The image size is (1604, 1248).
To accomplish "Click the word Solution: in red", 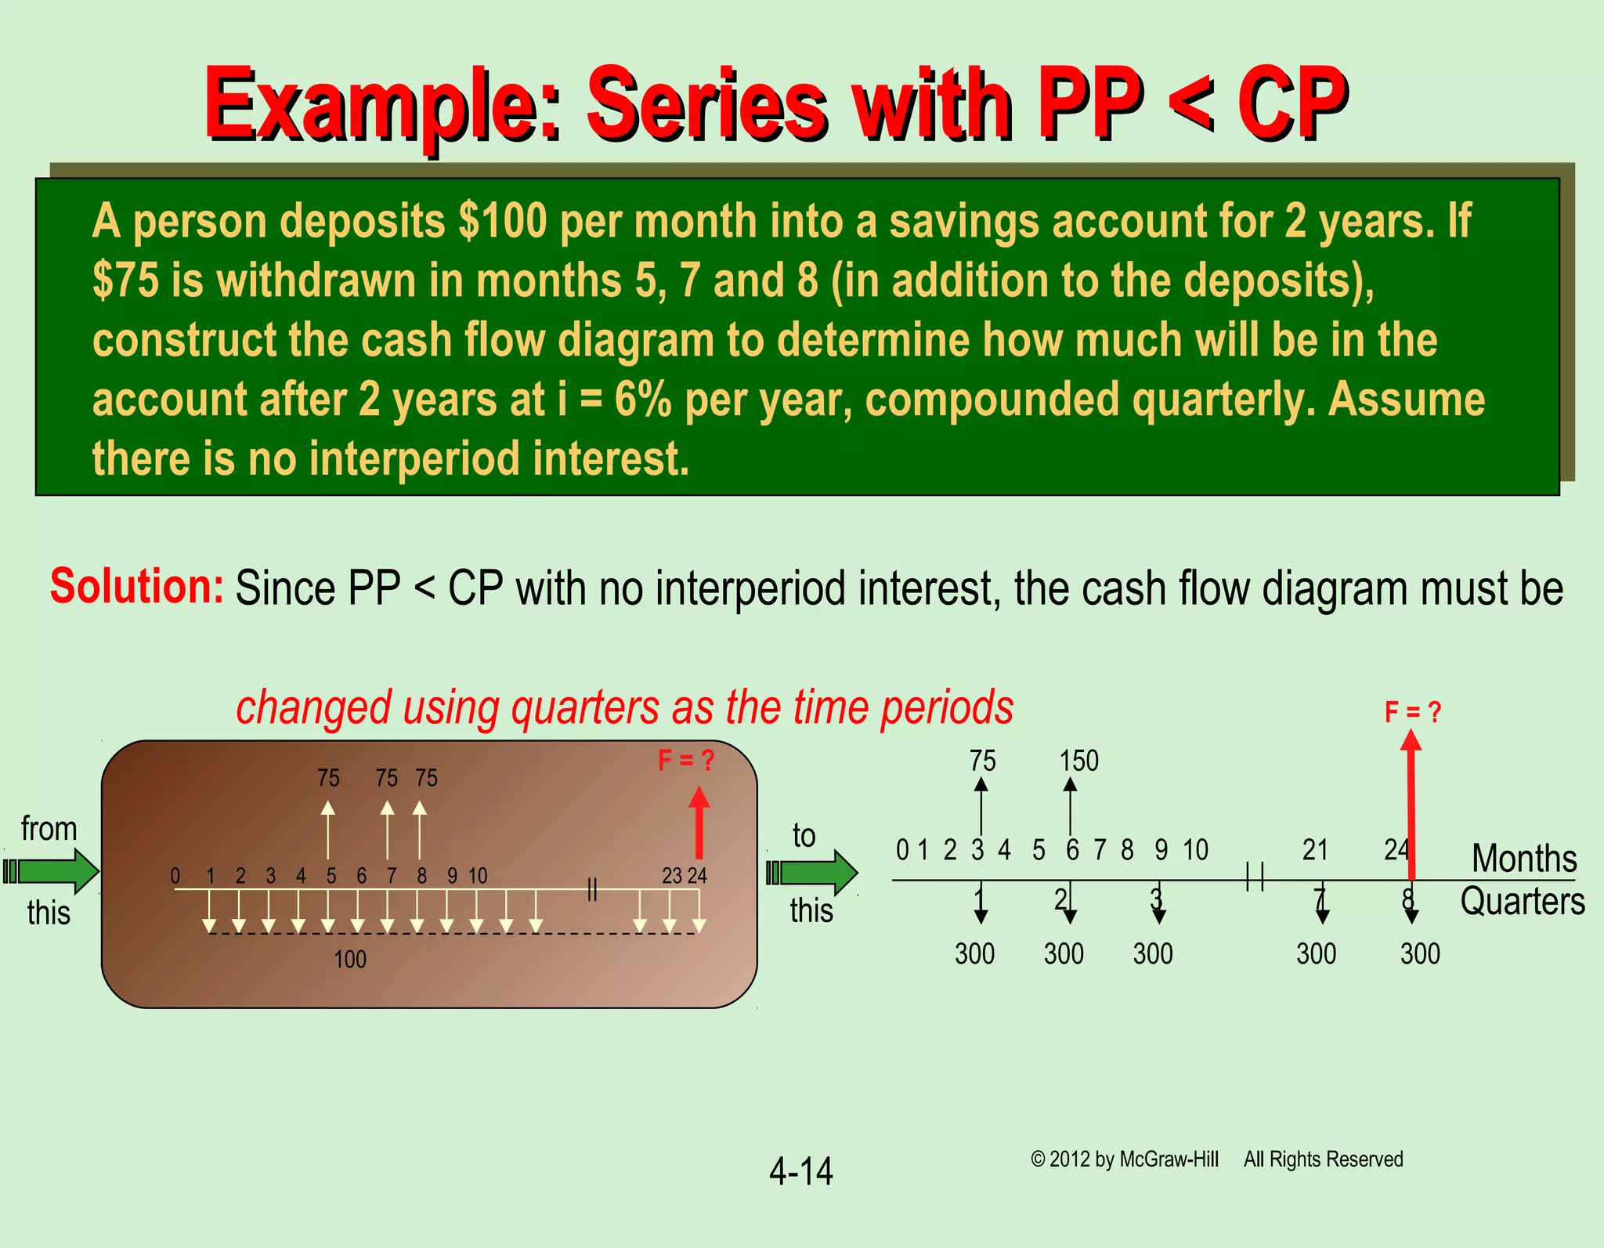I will [137, 586].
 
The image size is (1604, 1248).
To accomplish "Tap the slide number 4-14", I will [800, 1171].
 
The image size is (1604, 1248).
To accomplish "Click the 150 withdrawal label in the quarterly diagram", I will [1078, 761].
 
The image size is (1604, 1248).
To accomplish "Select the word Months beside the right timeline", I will [1523, 858].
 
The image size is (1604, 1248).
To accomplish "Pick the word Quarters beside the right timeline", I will [1522, 901].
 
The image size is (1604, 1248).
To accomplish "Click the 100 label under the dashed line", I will [349, 959].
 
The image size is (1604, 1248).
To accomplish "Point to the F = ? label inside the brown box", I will [685, 760].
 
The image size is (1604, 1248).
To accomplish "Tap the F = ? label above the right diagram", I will [1412, 712].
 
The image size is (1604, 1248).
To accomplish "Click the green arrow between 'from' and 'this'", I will [52, 871].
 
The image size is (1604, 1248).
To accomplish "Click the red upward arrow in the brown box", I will [699, 823].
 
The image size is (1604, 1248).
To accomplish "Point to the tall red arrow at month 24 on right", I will [1411, 807].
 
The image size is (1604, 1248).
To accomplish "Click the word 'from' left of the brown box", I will [49, 829].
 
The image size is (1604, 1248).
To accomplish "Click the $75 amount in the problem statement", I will [125, 280].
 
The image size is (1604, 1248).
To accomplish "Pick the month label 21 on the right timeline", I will [1315, 849].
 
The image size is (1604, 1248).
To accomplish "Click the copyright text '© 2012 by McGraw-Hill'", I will [1125, 1159].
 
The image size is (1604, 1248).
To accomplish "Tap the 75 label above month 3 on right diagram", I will [982, 761].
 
